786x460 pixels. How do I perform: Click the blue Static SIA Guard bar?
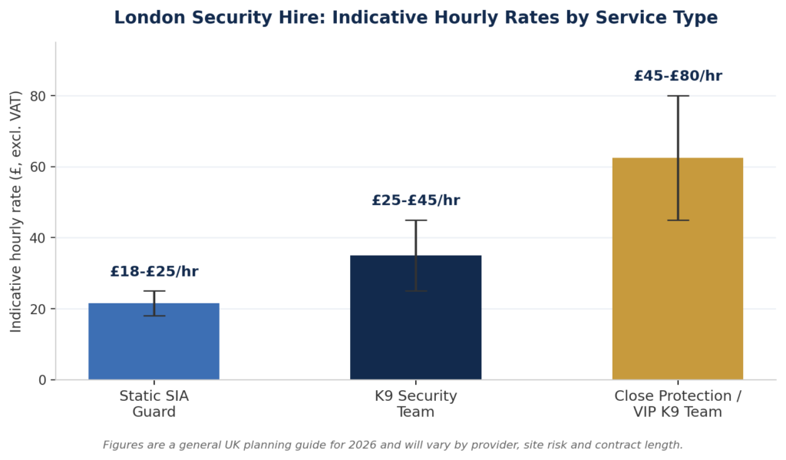pos(154,341)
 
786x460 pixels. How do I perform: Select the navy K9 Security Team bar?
pos(415,317)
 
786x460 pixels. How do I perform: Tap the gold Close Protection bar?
pos(678,269)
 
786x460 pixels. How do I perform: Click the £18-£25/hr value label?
pos(154,271)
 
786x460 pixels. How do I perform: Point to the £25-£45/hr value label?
pos(415,200)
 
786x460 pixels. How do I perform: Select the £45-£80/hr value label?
pos(678,76)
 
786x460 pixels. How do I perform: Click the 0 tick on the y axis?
pos(43,380)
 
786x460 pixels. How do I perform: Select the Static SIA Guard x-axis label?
pos(154,404)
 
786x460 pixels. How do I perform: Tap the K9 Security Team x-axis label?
pos(415,404)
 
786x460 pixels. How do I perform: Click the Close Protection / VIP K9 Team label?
pos(678,404)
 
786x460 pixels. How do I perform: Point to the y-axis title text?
pos(15,211)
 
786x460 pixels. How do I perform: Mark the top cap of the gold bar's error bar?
pos(678,96)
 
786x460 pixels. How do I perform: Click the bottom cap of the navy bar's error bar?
pos(415,291)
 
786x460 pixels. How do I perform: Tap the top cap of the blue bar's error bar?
pos(154,291)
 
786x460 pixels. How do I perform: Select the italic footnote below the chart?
pos(392,445)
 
